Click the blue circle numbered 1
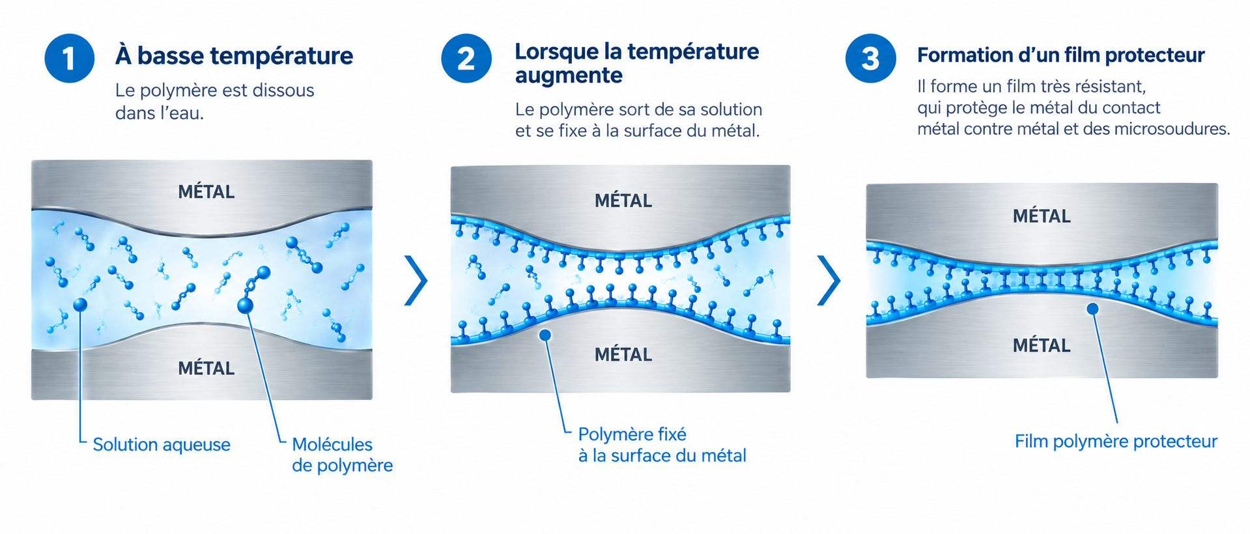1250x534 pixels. pos(70,59)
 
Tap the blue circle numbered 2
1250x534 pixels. pos(466,59)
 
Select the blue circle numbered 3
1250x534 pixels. pos(871,59)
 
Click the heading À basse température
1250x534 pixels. pos(234,56)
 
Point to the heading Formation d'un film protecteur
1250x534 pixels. pos(1061,55)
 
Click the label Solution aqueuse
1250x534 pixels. pos(162,445)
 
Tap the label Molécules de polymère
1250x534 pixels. pos(342,455)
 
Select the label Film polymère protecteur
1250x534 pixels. pos(1116,442)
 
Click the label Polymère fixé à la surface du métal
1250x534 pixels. pos(662,445)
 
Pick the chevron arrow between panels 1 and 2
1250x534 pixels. pos(416,280)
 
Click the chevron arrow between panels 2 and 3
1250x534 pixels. pos(829,280)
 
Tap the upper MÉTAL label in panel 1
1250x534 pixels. pos(206,192)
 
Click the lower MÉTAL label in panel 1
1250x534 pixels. pos(206,369)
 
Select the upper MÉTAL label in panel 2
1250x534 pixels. pos(623,201)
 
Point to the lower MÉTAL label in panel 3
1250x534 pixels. pos(1041,345)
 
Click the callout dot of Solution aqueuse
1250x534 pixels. pos(80,304)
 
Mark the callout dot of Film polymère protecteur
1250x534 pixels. pos(1092,309)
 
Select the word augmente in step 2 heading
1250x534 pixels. pos(569,76)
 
